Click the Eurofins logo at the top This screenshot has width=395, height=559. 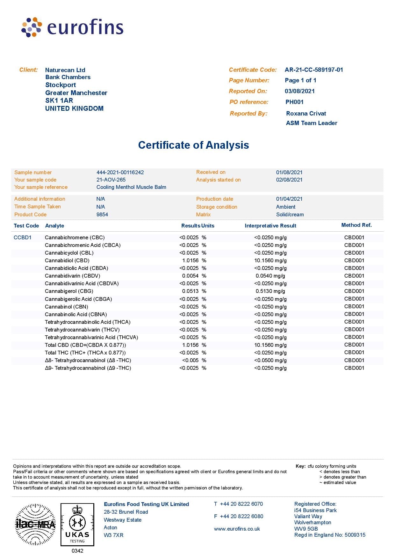(72, 27)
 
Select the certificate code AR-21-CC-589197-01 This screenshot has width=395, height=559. (314, 70)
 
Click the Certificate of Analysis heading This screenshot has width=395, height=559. (193, 145)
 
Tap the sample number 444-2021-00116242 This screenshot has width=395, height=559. (120, 172)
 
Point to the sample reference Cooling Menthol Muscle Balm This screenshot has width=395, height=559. (131, 187)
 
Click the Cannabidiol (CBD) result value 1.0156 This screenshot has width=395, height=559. (190, 261)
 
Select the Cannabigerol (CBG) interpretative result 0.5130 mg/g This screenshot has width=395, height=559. (270, 291)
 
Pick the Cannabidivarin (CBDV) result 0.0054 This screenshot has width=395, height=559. (190, 276)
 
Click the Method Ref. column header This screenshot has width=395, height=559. (356, 225)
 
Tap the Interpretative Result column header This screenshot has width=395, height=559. (270, 226)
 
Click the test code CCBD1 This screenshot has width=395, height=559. (23, 238)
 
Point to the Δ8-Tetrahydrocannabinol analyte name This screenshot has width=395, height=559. (88, 361)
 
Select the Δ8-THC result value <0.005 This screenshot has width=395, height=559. (190, 361)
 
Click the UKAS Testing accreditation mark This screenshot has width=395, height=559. (77, 525)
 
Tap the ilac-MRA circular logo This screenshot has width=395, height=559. (35, 524)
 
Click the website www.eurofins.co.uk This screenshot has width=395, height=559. (237, 529)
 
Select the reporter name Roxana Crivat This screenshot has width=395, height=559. (306, 114)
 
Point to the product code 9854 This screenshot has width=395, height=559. (102, 215)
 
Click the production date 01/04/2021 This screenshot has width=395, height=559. (289, 199)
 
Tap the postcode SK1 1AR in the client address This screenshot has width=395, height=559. (59, 101)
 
